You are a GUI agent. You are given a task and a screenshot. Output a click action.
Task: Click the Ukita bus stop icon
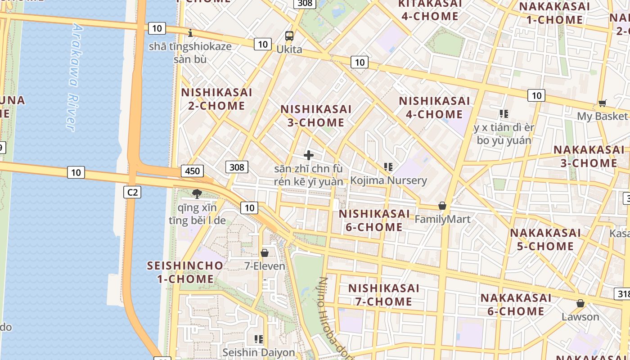pos(289,36)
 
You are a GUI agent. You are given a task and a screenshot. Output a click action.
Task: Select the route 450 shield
pos(192,171)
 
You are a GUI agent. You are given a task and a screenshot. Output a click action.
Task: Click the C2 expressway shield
pos(132,192)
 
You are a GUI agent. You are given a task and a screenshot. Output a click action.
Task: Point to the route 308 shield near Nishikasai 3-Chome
pos(236,167)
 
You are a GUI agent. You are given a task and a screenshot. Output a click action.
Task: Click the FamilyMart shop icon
pos(442,206)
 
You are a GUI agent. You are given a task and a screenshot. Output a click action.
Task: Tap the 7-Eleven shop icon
pos(265,253)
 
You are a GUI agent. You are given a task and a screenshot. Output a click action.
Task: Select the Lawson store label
pos(580,317)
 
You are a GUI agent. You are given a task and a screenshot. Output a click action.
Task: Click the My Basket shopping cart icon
pos(603,103)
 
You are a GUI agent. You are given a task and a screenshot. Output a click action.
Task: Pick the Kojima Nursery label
pos(388,180)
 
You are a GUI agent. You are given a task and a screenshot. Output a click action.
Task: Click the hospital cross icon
pos(309,156)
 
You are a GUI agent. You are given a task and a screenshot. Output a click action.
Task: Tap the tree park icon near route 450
pos(197,194)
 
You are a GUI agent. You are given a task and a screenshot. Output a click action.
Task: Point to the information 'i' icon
pos(190,33)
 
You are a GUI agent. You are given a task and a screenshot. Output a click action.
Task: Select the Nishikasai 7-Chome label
pos(384,295)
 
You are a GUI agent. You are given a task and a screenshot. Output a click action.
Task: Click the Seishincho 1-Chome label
pos(185,272)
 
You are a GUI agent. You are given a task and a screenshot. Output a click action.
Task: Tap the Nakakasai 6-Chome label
pos(516,305)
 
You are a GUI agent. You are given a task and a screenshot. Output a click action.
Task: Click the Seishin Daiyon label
pos(259,352)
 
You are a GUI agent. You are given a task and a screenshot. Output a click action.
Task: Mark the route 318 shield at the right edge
pos(622,294)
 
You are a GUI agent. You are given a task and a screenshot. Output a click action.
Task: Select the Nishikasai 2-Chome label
pos(216,99)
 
